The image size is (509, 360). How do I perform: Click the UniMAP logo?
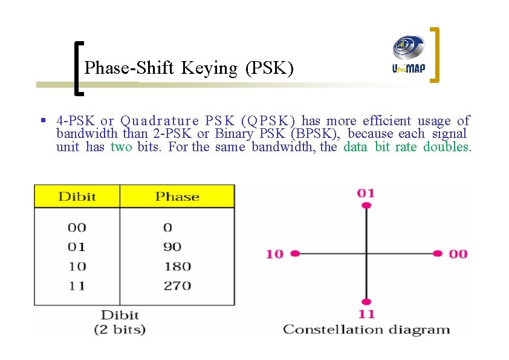coord(409,54)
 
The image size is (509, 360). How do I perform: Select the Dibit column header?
coord(77,197)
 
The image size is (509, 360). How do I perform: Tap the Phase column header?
coord(177,197)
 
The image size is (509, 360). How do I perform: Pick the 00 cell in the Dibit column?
coord(77,227)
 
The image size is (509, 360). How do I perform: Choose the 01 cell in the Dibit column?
coord(77,247)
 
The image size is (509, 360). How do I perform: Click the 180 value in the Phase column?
coord(177,266)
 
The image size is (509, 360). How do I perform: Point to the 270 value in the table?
coord(177,286)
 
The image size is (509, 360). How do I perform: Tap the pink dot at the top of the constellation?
coord(366,207)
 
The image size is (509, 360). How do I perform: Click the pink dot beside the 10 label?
coord(295,254)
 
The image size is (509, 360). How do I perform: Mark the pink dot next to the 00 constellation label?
coord(438,254)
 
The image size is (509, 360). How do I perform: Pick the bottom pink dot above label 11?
coord(366,301)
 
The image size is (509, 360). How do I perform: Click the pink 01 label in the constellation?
coord(366,193)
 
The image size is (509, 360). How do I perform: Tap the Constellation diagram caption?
coord(366,330)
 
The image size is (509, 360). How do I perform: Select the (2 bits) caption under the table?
coord(120,330)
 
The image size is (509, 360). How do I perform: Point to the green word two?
coord(122,147)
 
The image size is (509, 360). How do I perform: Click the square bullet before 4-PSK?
coord(44,120)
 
